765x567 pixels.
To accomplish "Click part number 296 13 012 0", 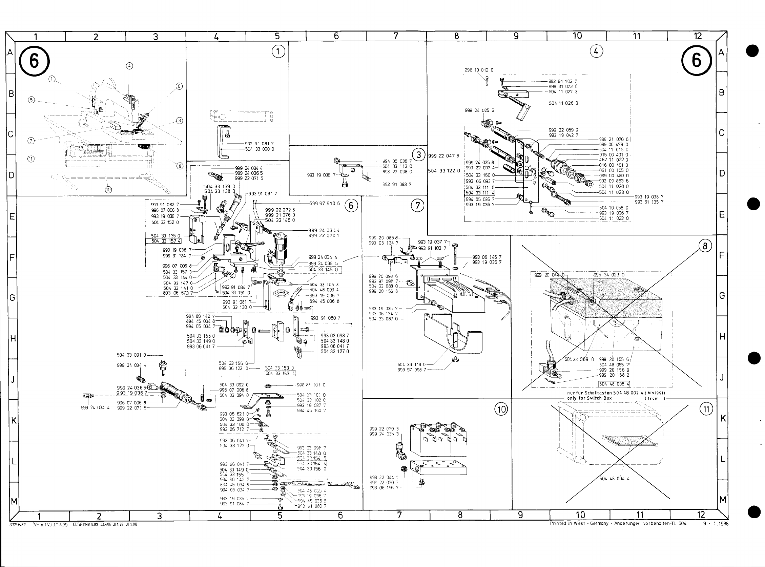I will [479, 70].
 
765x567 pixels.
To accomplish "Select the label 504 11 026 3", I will [563, 103].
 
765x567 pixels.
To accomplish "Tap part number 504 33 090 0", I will [259, 149].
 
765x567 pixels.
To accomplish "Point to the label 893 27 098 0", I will [397, 172].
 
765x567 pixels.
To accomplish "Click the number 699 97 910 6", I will [325, 204].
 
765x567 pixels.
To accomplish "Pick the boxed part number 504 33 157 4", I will [166, 241].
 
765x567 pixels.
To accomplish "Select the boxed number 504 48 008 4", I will [614, 384].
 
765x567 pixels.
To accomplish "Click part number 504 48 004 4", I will [614, 479].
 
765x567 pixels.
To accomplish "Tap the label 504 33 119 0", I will [411, 364].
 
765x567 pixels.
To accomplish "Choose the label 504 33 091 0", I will [131, 355].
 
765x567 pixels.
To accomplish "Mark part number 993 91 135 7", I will [649, 202].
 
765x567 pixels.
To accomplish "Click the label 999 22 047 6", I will [443, 156].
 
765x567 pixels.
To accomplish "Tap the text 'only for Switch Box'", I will [589, 398].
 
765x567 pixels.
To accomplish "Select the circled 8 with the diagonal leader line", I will [705, 246].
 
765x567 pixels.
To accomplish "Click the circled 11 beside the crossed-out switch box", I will [706, 409].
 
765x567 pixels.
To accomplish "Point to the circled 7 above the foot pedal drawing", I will [417, 206].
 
